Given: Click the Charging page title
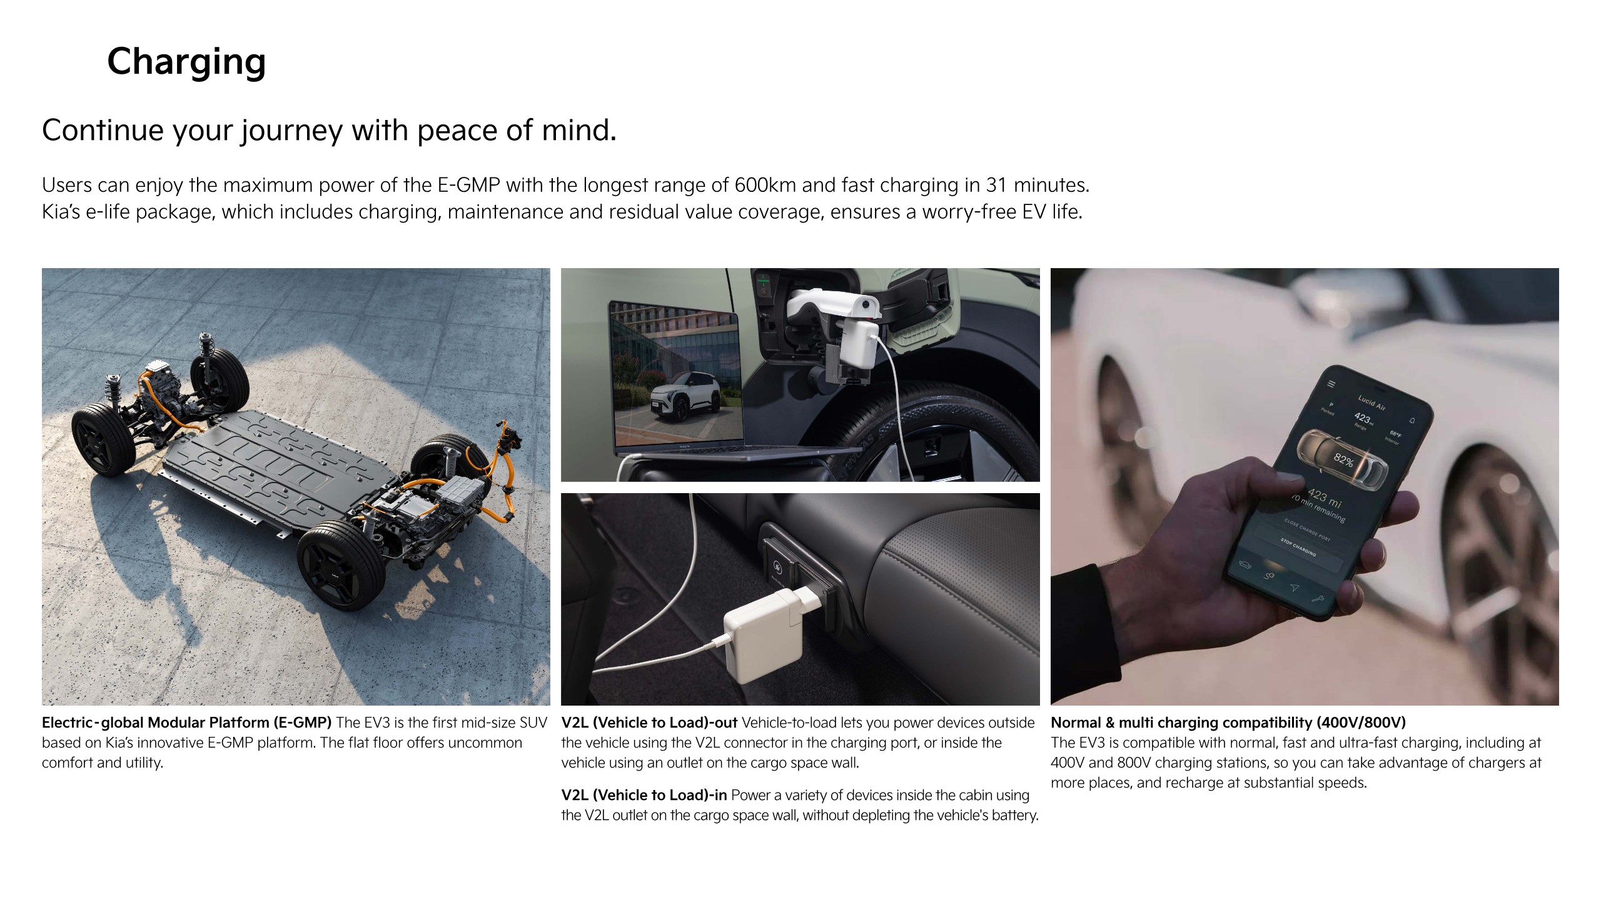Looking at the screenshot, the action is click(186, 62).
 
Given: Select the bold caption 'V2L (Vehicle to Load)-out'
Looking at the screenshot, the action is click(649, 722).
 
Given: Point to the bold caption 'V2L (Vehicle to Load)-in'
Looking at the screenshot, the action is click(644, 795).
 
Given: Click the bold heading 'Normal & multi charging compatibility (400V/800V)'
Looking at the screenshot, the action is click(1228, 722).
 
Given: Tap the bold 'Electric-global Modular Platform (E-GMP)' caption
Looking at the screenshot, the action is click(186, 722).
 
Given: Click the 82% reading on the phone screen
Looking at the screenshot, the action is click(1343, 461).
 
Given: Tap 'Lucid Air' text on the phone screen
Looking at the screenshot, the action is click(1371, 402).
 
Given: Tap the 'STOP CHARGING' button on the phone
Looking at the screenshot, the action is click(1298, 546).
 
